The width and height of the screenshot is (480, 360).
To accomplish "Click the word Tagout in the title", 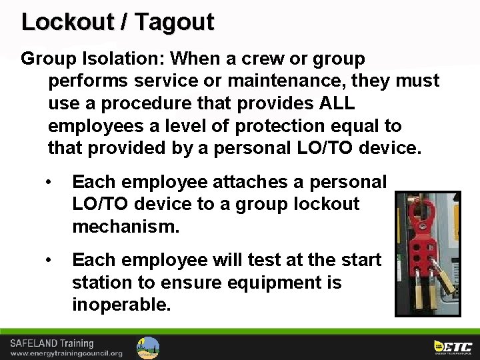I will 174,22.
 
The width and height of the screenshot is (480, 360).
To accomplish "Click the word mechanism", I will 125,226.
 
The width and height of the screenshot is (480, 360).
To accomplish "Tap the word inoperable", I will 121,305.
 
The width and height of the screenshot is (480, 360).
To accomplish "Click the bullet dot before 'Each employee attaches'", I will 48,182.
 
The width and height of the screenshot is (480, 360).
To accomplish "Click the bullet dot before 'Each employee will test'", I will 48,260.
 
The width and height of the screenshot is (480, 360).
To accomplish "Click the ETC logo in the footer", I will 453,346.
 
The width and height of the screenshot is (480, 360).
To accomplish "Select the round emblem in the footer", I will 148,347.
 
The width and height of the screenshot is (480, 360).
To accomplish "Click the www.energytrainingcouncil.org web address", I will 66,353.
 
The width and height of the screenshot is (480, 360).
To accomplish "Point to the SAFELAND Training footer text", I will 51,343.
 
